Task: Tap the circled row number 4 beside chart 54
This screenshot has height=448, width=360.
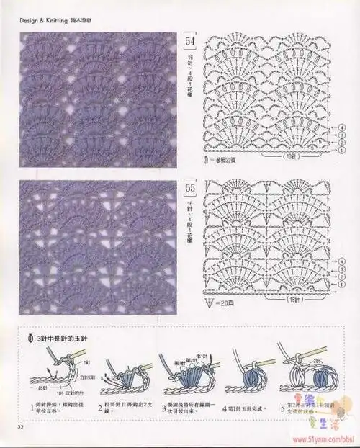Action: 339,125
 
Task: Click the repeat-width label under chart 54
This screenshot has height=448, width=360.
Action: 292,154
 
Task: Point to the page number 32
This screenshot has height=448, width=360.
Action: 13,433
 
